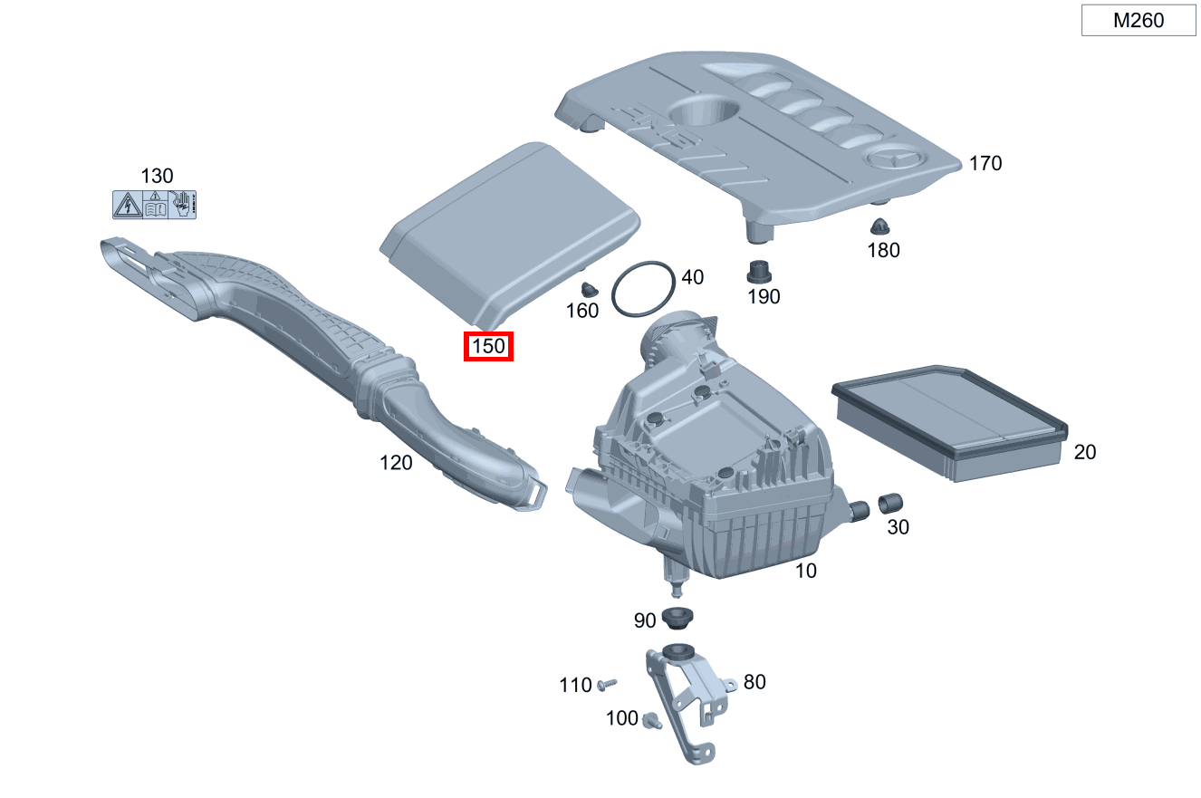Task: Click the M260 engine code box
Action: (x=1139, y=21)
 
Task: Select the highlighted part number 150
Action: (x=488, y=346)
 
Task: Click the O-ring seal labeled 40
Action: (x=643, y=290)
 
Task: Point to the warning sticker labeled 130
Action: (x=154, y=205)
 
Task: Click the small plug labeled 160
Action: (x=591, y=290)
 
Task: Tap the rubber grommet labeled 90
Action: (x=675, y=620)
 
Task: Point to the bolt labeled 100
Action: (x=649, y=720)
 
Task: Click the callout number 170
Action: (x=985, y=163)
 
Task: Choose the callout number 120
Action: (x=396, y=463)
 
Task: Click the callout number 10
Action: (x=805, y=571)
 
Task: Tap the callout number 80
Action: (x=754, y=681)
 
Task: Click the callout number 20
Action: (x=1084, y=451)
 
